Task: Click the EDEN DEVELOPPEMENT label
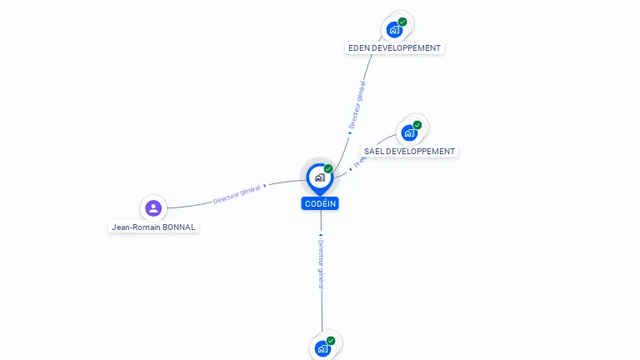394,48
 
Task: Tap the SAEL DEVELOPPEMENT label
409,152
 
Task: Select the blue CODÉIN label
320,203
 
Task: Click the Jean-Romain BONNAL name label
154,227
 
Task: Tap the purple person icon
152,207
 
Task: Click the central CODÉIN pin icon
319,177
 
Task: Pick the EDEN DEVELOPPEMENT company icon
394,30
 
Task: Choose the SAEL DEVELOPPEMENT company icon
408,132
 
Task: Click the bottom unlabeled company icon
322,348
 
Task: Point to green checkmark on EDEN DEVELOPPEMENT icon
402,22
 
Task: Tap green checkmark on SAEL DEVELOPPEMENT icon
417,125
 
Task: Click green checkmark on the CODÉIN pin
328,168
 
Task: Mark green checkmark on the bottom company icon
331,341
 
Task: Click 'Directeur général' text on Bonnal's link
237,194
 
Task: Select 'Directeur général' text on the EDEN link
357,104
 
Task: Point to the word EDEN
358,48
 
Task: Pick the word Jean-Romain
134,227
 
